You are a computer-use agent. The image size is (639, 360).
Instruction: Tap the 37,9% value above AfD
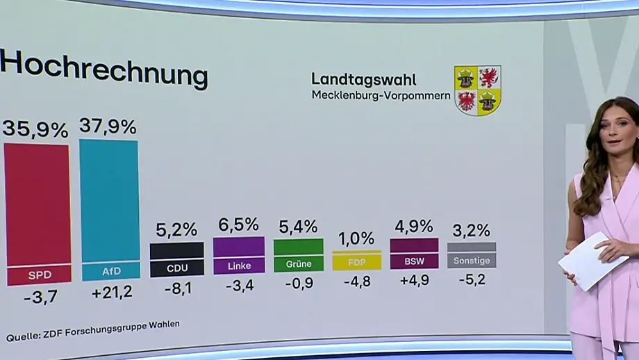[108, 126]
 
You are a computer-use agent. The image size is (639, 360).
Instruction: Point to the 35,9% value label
[35, 130]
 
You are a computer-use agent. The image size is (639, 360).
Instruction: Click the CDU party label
[177, 268]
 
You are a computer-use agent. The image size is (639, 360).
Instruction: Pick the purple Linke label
[239, 265]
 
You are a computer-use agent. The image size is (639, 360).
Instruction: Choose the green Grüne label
[299, 264]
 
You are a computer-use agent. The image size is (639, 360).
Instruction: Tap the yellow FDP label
[357, 263]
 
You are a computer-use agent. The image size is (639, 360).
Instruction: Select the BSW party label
[415, 261]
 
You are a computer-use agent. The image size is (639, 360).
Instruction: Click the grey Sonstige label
[472, 261]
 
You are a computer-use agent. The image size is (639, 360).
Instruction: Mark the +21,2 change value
[112, 293]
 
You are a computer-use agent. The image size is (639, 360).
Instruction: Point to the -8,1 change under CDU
[178, 288]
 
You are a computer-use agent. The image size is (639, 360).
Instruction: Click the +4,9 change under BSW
[415, 280]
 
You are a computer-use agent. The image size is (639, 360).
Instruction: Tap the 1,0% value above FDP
[356, 238]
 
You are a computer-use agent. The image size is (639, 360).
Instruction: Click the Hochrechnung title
[103, 69]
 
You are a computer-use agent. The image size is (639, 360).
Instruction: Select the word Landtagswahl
[363, 79]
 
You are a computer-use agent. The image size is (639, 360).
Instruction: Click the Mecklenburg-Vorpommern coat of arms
[478, 90]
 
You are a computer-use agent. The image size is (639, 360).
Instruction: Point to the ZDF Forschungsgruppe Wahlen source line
[93, 331]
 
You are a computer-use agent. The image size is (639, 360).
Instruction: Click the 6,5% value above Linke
[238, 224]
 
